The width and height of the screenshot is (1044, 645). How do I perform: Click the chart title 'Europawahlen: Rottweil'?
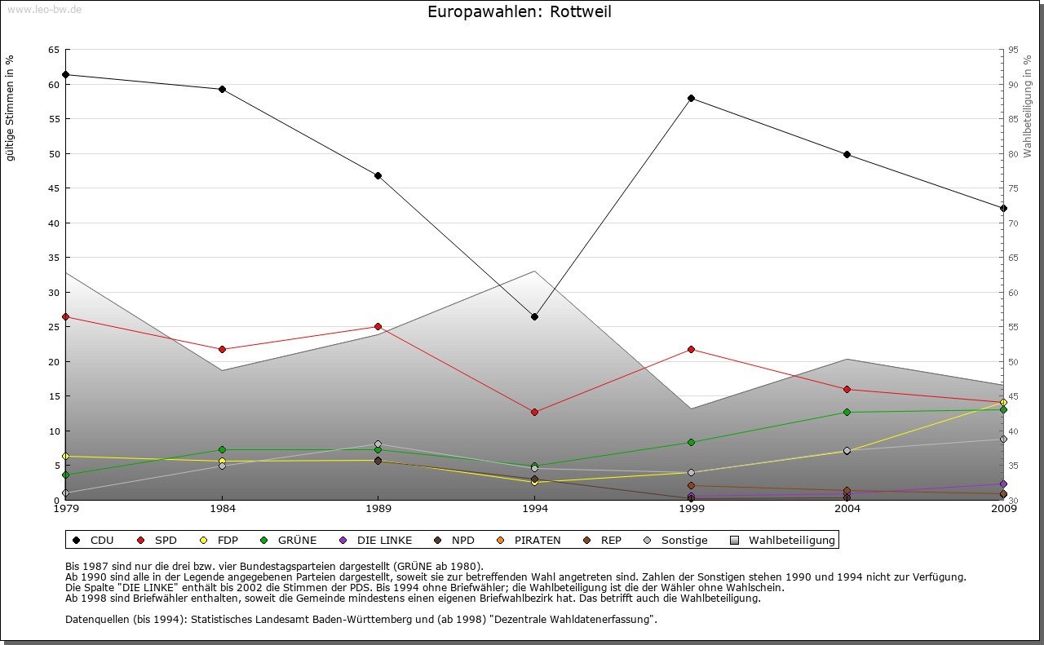pyautogui.click(x=519, y=12)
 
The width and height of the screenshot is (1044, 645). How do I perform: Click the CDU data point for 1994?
pyautogui.click(x=534, y=316)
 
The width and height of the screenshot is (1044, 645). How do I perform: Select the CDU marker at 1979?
pyautogui.click(x=65, y=74)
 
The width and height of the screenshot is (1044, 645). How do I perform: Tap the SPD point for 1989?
pyautogui.click(x=378, y=326)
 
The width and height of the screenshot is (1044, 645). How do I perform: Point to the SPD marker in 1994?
pyautogui.click(x=534, y=412)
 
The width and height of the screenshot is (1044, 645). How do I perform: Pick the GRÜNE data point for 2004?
pyautogui.click(x=847, y=412)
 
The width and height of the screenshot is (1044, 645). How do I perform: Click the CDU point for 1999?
pyautogui.click(x=691, y=98)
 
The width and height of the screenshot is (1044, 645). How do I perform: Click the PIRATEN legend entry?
pyautogui.click(x=529, y=540)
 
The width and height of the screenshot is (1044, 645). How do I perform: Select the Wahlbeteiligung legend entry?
pyautogui.click(x=783, y=540)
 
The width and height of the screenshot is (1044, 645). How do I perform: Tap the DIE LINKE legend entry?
pyautogui.click(x=376, y=540)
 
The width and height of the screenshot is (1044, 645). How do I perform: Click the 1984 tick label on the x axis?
pyautogui.click(x=222, y=509)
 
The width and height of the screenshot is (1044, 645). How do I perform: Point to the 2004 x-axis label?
pyautogui.click(x=847, y=509)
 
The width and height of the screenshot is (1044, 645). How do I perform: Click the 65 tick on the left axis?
pyautogui.click(x=53, y=50)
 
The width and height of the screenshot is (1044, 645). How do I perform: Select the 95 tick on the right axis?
pyautogui.click(x=1013, y=50)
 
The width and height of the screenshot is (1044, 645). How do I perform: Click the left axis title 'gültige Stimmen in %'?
pyautogui.click(x=11, y=108)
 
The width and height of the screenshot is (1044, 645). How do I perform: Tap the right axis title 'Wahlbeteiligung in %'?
pyautogui.click(x=1028, y=106)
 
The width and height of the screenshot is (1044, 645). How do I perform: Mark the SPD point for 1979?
pyautogui.click(x=65, y=316)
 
